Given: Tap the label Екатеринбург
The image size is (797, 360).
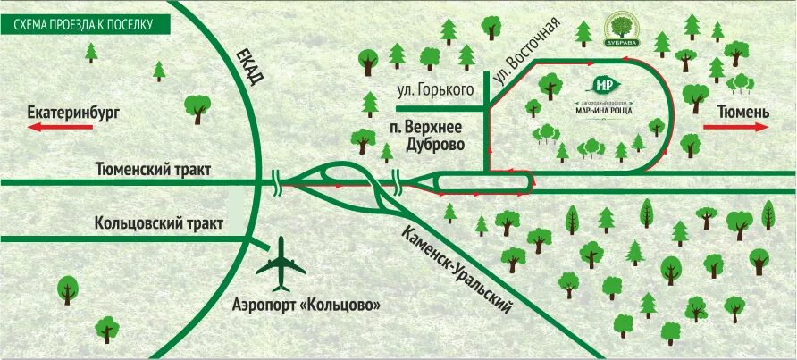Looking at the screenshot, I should tap(74, 113).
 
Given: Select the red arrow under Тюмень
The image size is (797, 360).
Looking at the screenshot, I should tap(736, 127).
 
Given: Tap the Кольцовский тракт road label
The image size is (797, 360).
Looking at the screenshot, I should tap(159, 223).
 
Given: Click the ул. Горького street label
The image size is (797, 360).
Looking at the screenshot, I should tap(434, 89).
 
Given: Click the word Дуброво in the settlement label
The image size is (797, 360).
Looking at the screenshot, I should tap(432, 143).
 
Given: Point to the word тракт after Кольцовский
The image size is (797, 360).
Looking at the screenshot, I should tap(201, 223).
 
